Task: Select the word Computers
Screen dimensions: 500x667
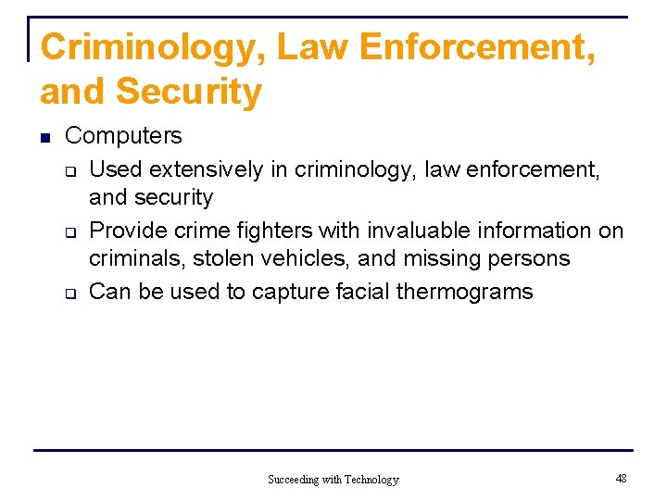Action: coord(123,136)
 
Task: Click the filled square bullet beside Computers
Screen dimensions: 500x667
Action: coord(44,137)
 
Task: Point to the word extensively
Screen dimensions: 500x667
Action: coord(206,169)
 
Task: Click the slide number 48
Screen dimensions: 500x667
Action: coord(621,479)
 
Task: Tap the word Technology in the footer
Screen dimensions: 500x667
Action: coord(370,480)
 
